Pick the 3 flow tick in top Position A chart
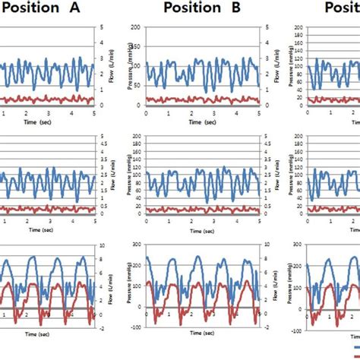click(x=99, y=58)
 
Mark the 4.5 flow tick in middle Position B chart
click(x=266, y=144)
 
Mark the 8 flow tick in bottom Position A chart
click(x=99, y=259)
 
